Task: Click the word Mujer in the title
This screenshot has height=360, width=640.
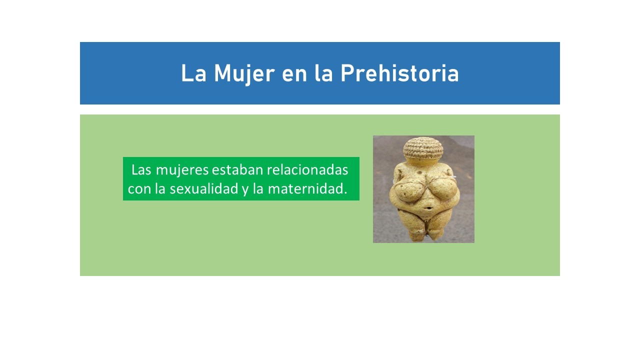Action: (244, 73)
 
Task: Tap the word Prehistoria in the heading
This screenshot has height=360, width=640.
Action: (399, 73)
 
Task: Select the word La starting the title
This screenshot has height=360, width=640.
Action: (193, 73)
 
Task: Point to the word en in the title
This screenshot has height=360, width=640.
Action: (294, 76)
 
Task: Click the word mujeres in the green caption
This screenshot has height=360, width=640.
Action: (182, 170)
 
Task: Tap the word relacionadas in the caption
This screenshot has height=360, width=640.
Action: (307, 169)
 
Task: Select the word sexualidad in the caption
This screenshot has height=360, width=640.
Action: (204, 188)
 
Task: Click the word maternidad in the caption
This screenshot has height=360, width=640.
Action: (305, 188)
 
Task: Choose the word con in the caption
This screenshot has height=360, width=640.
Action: (139, 189)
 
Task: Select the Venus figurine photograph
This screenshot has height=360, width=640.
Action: (423, 189)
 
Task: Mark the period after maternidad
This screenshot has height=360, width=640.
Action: (345, 193)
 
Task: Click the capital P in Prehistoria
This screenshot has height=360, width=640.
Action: (346, 73)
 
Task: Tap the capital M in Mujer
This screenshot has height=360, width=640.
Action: (222, 73)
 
